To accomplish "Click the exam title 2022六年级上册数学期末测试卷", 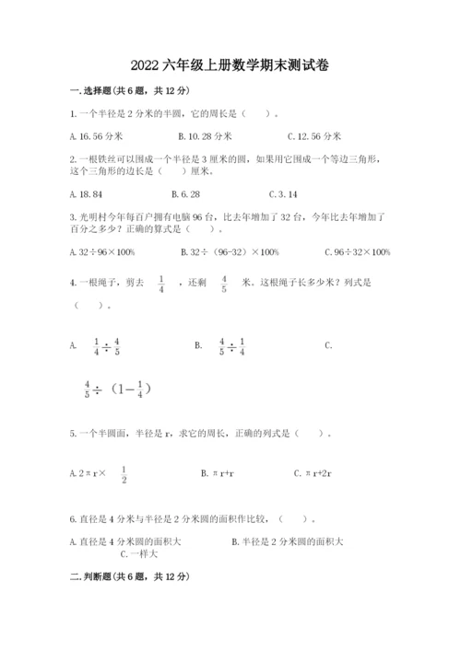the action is tap(230, 65).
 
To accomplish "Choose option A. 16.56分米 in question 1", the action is tap(96, 135).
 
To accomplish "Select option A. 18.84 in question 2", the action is tap(86, 194).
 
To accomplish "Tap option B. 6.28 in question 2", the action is tap(185, 194).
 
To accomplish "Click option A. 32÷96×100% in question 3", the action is tap(102, 252).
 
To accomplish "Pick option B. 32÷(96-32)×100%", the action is tap(230, 252).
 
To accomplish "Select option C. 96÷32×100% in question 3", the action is tap(358, 252).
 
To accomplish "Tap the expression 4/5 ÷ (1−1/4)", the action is tap(116, 389).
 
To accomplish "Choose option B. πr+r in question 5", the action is tap(220, 473).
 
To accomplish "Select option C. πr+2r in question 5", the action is tap(313, 473).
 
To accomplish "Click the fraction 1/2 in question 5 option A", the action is tap(124, 473).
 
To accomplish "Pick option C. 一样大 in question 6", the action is tap(139, 554).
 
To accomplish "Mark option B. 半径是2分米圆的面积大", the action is tap(288, 541).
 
